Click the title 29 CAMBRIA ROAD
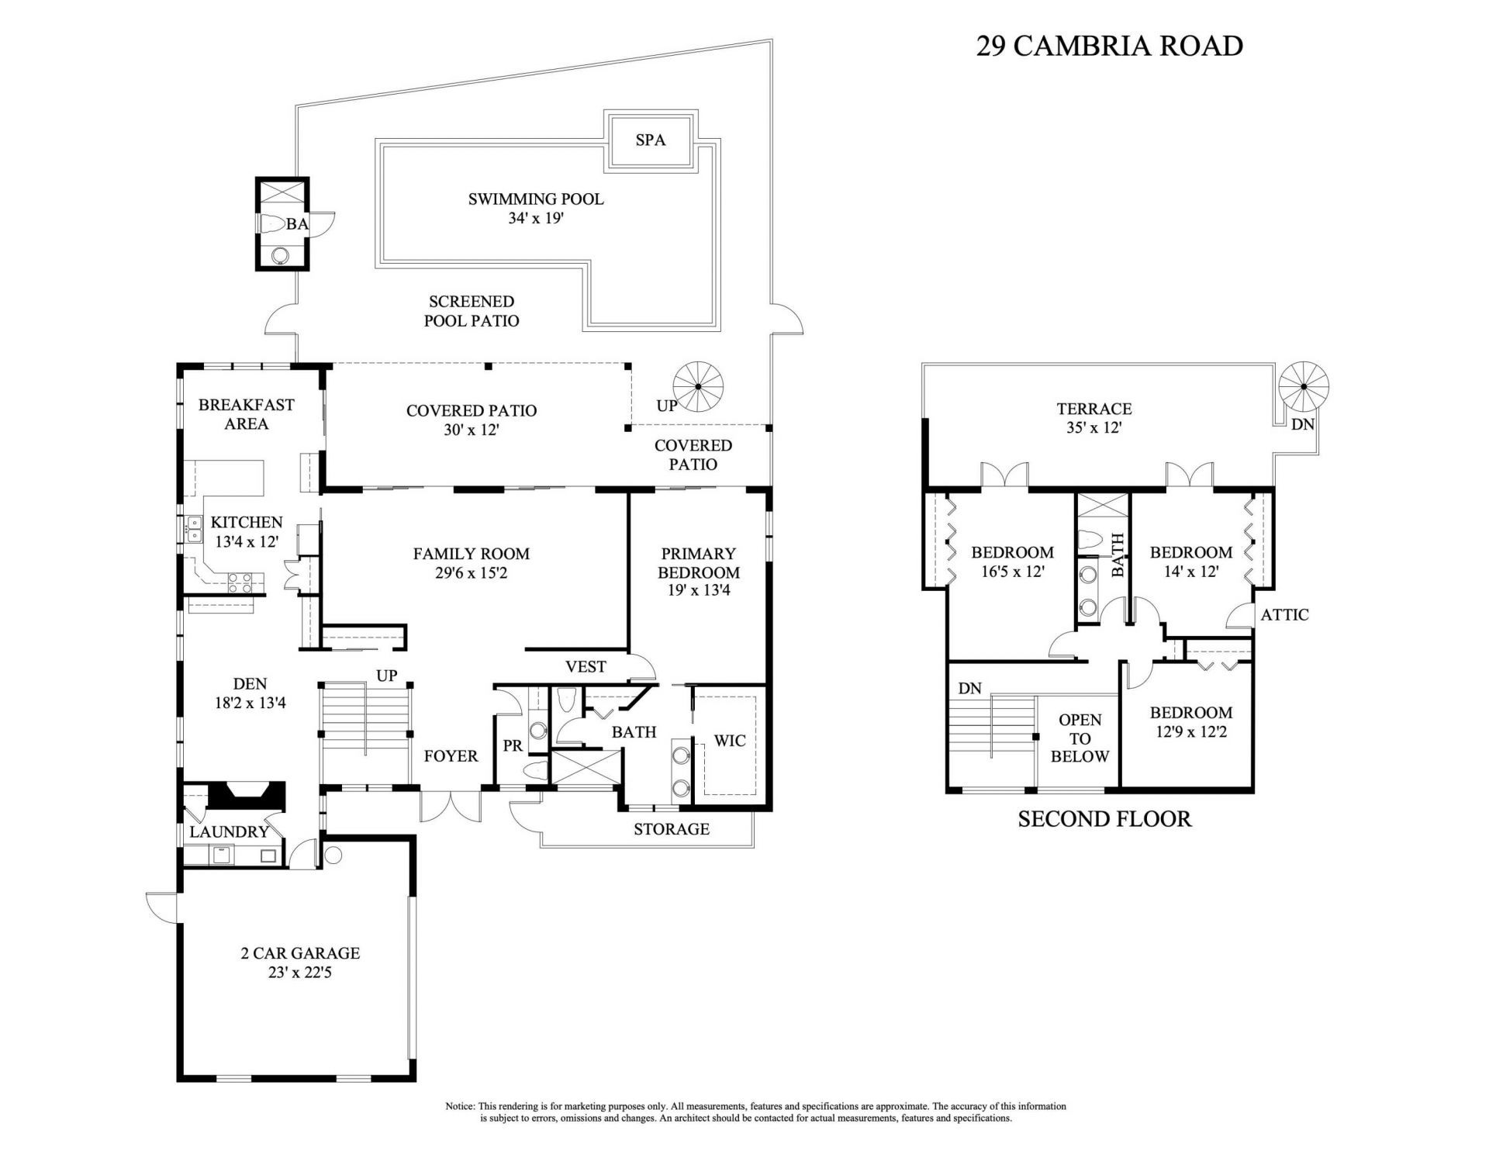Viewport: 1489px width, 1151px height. pos(1109,46)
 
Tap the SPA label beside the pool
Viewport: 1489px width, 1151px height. pos(650,140)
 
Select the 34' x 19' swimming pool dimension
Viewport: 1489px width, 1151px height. pos(535,219)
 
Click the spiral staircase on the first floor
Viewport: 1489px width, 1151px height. pos(697,386)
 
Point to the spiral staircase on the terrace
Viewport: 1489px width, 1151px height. pos(1303,386)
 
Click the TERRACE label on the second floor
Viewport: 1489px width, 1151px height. pos(1093,409)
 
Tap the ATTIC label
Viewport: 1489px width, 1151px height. pos(1284,615)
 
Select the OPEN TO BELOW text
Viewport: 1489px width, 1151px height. pos(1080,738)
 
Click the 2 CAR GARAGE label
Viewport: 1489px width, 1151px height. pos(300,953)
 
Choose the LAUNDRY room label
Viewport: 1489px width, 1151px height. pos(229,832)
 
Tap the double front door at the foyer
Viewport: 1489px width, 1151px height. pos(451,807)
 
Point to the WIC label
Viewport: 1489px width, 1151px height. pos(729,741)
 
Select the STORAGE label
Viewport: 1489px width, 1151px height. pos(671,829)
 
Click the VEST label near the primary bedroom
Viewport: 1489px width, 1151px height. pos(586,667)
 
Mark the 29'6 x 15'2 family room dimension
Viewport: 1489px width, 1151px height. pos(471,573)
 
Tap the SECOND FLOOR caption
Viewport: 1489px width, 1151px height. pos(1104,819)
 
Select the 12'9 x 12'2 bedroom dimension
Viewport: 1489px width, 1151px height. pos(1190,731)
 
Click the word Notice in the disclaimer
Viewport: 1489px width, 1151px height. pos(460,1106)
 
